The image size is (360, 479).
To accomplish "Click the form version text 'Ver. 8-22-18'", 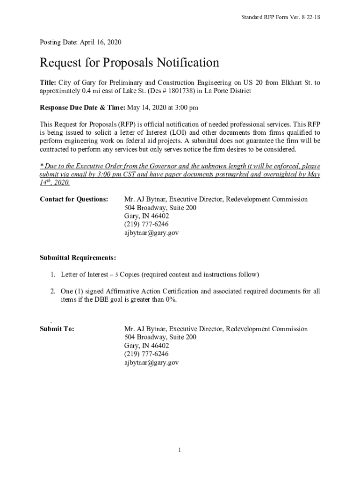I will (x=304, y=17).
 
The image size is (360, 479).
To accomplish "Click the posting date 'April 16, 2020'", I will (x=101, y=42).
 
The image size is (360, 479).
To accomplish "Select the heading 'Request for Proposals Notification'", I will (x=129, y=63).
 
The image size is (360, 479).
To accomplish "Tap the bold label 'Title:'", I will (x=48, y=83).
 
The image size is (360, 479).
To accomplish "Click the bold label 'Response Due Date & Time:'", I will (x=82, y=108).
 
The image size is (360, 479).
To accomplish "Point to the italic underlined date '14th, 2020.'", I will (x=55, y=183).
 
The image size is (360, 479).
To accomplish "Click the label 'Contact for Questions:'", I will (x=74, y=199).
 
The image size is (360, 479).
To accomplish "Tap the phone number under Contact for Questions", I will (x=146, y=225).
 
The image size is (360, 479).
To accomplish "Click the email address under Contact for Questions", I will (x=151, y=233).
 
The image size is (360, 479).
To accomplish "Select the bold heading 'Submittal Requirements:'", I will (x=78, y=258).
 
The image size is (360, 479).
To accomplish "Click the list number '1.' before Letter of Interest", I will (x=54, y=274).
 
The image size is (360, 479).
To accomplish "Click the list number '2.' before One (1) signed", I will (x=54, y=291).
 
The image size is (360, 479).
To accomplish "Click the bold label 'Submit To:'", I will (x=57, y=329).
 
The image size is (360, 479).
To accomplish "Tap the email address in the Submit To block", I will (x=151, y=363).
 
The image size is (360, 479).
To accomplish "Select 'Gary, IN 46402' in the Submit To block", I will (x=146, y=346).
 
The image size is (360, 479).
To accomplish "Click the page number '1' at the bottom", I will (x=180, y=450).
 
